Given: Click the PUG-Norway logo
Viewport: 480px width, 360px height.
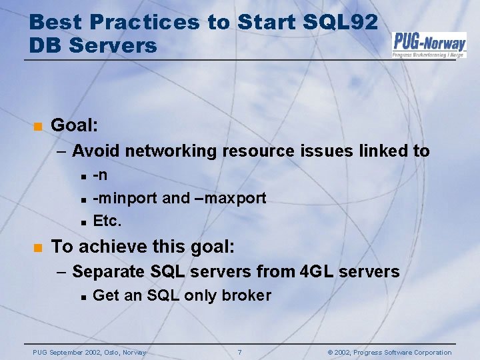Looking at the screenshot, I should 429,45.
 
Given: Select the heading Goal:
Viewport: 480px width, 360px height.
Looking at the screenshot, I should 74,125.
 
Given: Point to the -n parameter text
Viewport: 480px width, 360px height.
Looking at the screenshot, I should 101,175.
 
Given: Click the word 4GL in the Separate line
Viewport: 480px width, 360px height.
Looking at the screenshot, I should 315,271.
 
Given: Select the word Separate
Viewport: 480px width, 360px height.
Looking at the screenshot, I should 109,271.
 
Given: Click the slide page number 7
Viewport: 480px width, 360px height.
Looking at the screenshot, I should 239,352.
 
